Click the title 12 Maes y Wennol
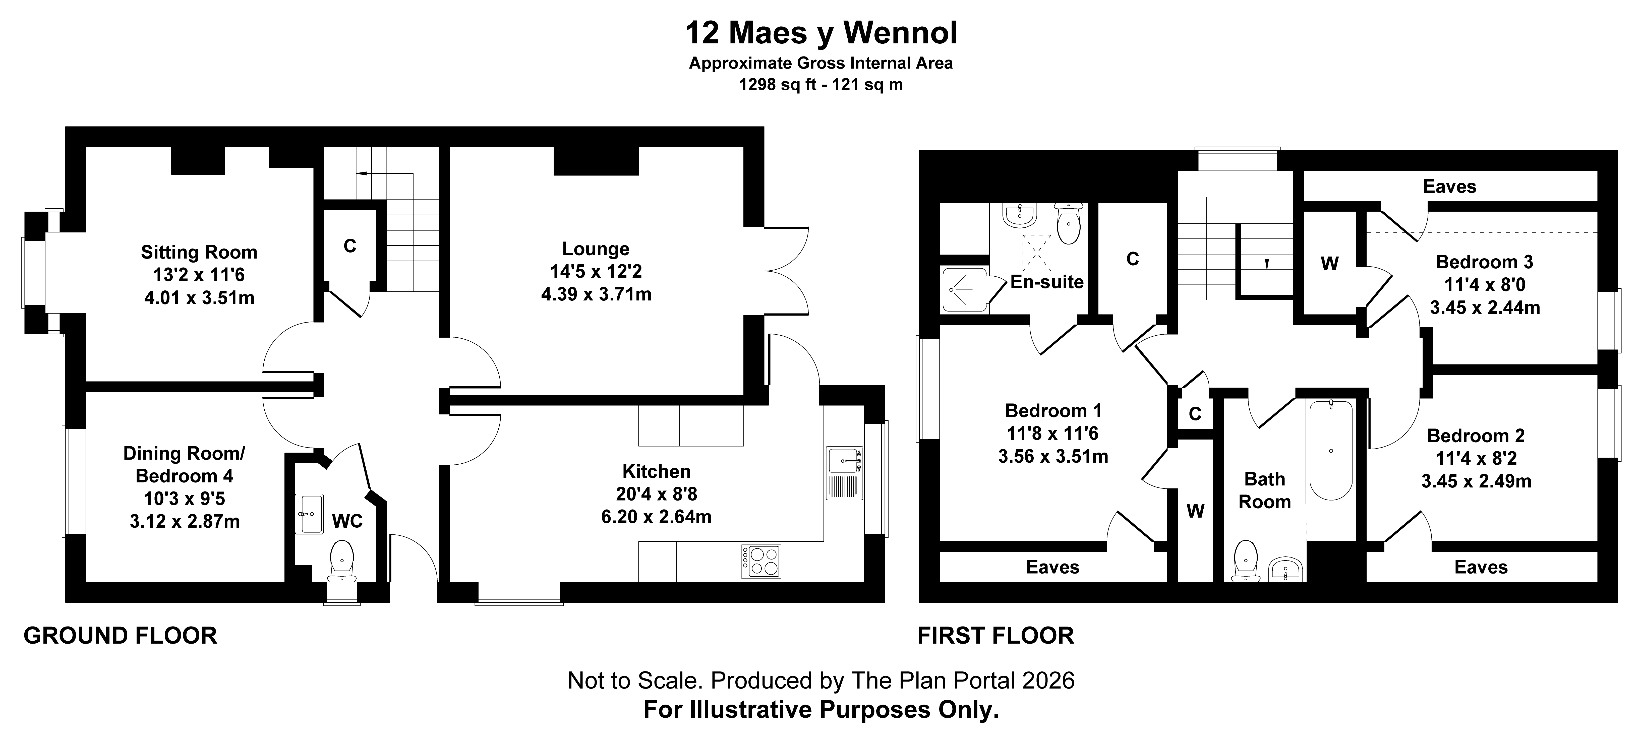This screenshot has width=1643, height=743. coord(821,33)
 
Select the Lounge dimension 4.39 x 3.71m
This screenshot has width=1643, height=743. coord(596,294)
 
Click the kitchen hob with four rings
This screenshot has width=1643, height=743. coord(761,561)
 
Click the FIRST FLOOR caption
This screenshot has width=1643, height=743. coord(996,636)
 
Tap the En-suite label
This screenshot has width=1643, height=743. coord(1047,282)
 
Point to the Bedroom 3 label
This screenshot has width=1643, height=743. coord(1484,262)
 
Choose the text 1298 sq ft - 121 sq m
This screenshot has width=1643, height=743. coord(821,85)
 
